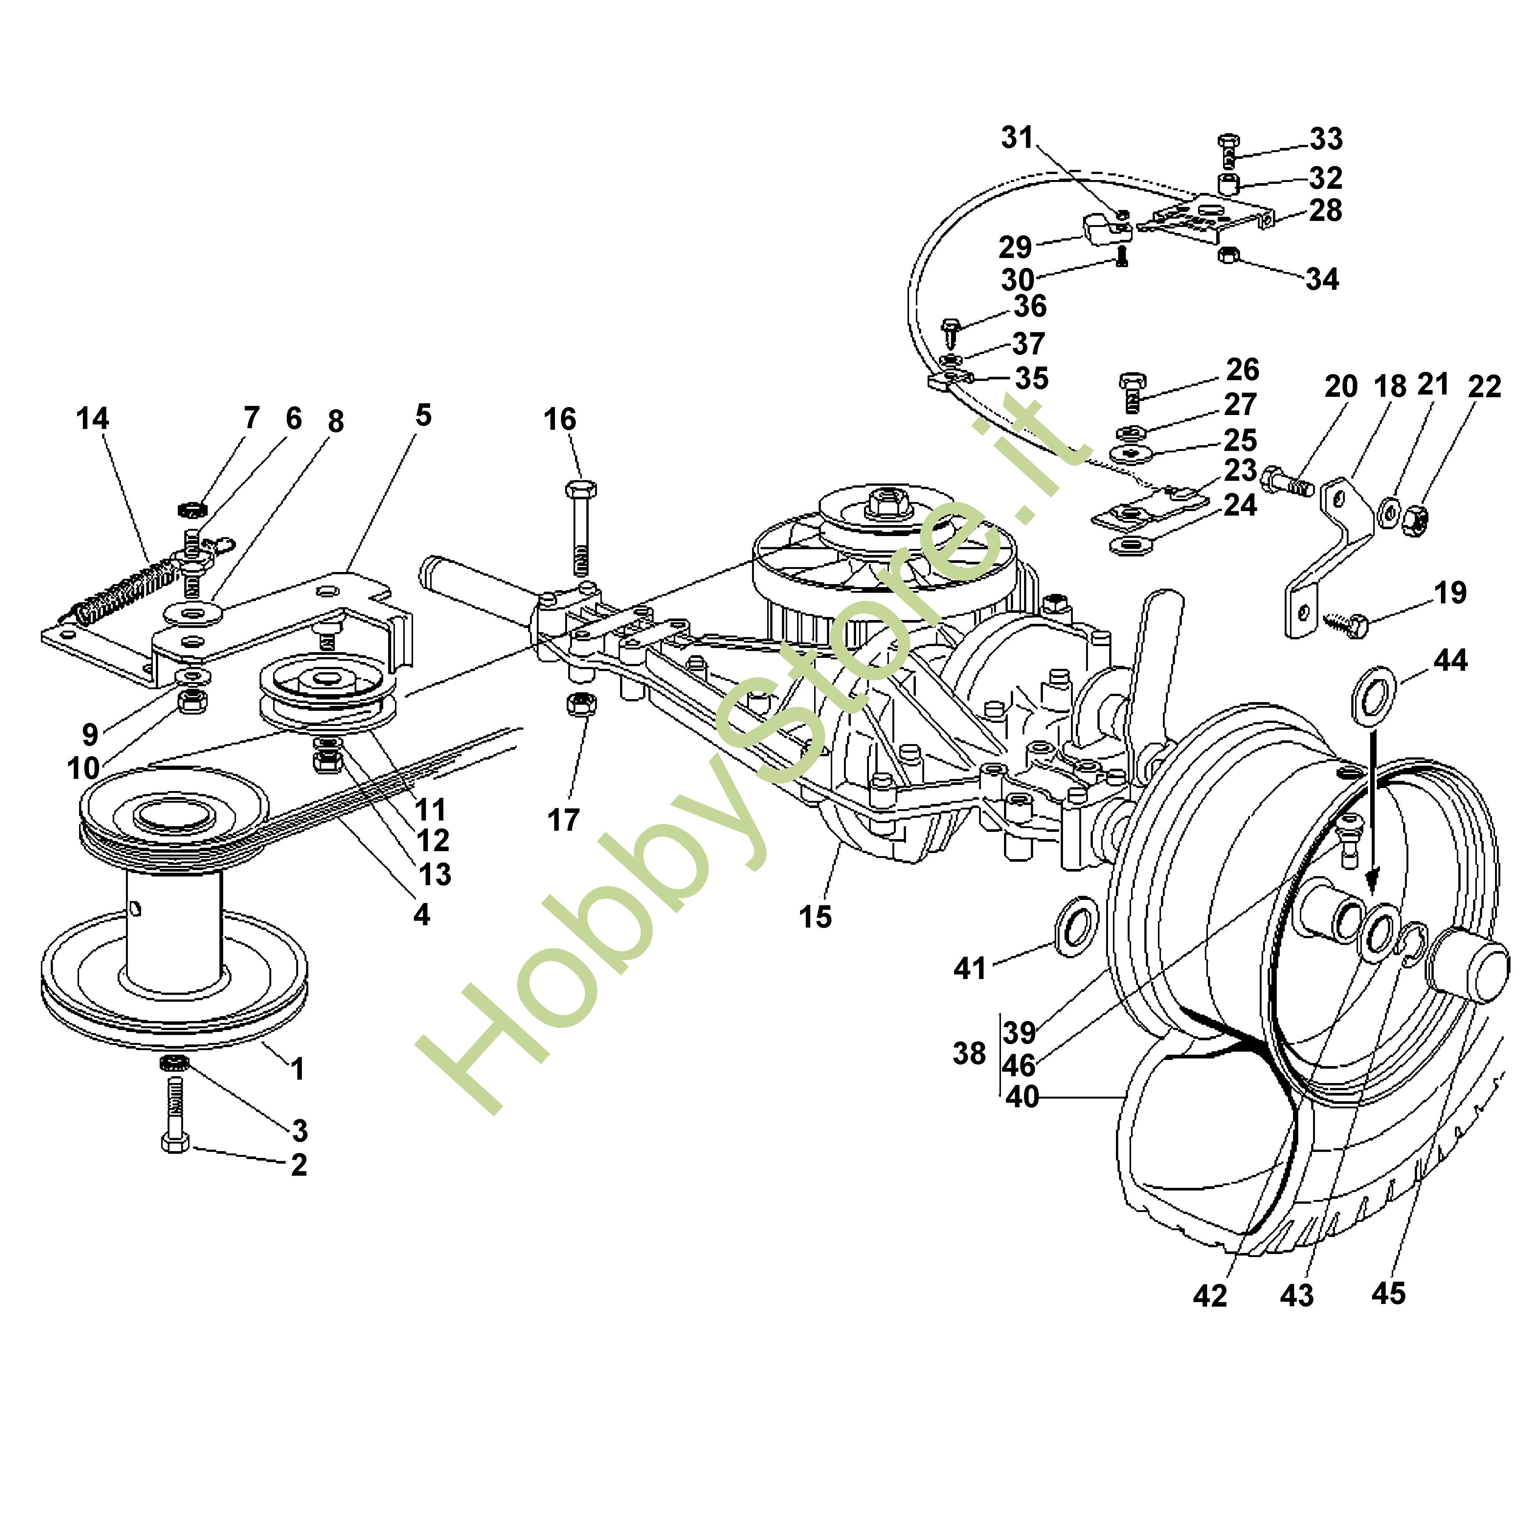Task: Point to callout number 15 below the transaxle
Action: coord(815,917)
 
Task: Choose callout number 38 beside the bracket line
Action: coord(969,1053)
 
